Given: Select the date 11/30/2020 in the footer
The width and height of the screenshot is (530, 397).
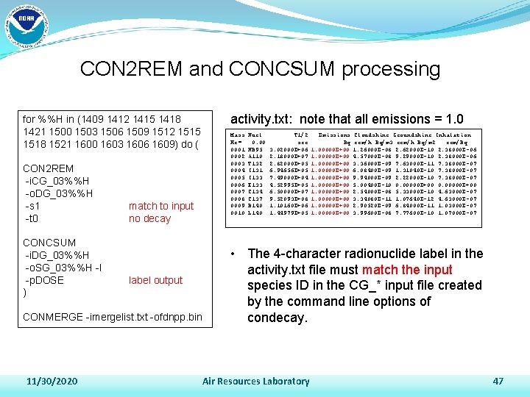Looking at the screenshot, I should [x=52, y=382].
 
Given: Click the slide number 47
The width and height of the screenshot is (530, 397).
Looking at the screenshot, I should [x=498, y=382].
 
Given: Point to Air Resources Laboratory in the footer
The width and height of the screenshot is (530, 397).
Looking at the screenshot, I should [x=255, y=382].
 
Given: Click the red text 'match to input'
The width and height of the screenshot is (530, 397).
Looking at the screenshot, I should [x=160, y=206].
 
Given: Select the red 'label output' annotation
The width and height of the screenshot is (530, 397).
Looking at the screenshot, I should [x=155, y=280].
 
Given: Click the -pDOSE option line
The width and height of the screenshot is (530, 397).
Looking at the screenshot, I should [x=45, y=280].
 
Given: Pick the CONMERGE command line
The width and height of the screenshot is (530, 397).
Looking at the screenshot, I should [x=113, y=318].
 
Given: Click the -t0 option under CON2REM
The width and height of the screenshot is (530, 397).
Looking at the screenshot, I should [x=31, y=218].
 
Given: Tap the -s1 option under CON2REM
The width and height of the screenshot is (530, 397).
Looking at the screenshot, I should [x=32, y=206].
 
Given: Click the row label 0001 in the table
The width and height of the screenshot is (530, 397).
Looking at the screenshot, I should [x=237, y=149].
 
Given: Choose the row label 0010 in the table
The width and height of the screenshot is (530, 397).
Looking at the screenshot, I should [x=237, y=212].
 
